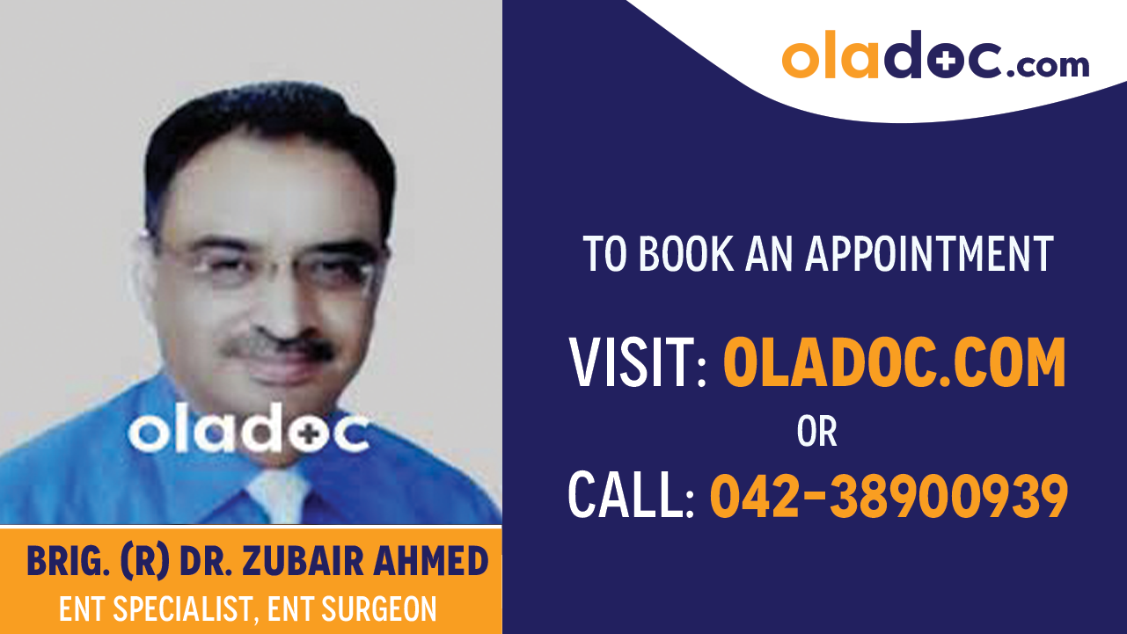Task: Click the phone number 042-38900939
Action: pyautogui.click(x=889, y=495)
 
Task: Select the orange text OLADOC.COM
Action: pyautogui.click(x=894, y=364)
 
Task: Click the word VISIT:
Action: pyautogui.click(x=638, y=364)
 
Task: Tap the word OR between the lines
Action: pyautogui.click(x=816, y=431)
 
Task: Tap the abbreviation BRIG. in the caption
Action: pyautogui.click(x=68, y=562)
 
